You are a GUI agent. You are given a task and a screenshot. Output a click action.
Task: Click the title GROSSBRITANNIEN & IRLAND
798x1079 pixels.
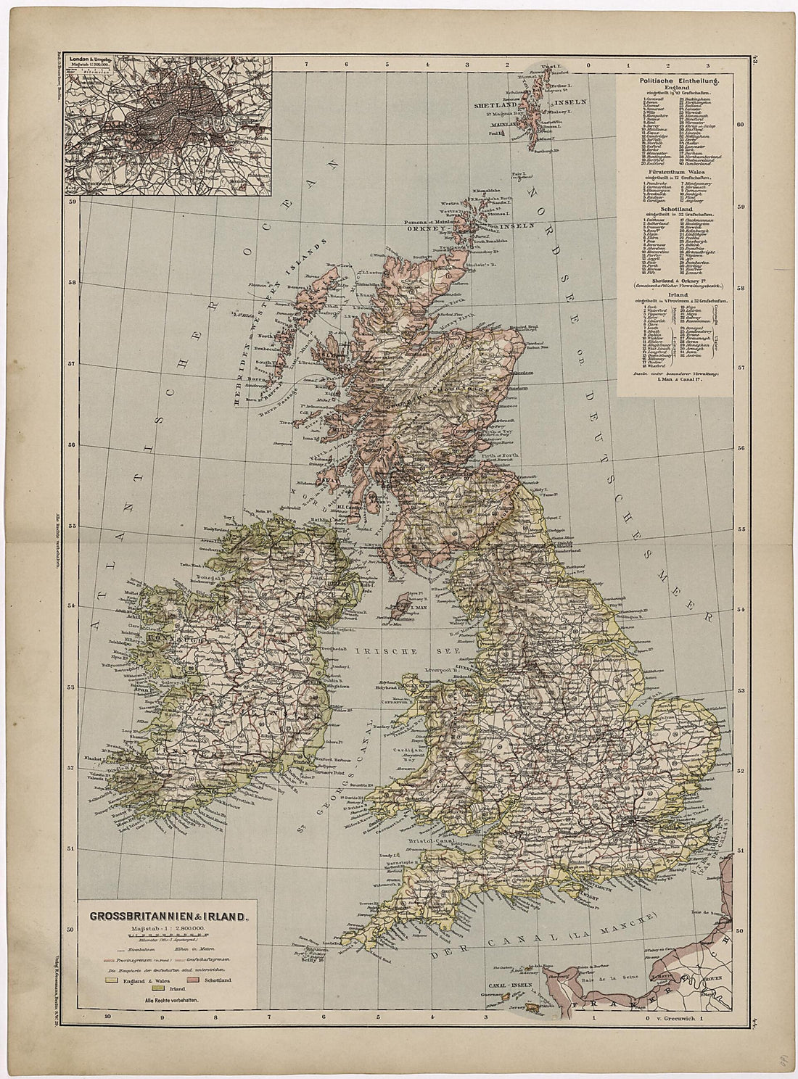pos(169,916)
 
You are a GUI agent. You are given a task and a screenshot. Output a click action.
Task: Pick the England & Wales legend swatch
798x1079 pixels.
pos(111,980)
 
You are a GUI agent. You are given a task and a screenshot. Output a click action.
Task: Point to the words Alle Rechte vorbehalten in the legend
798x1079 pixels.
pos(170,1001)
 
